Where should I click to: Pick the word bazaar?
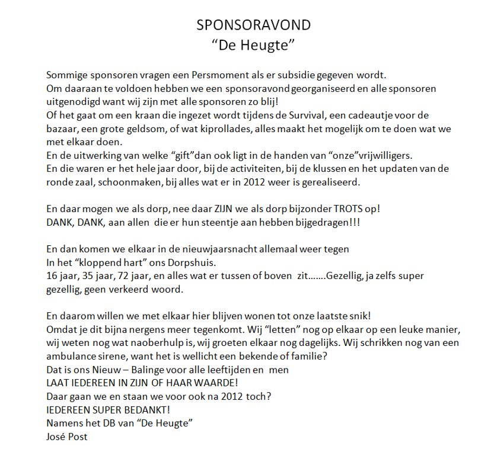60,129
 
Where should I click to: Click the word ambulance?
70,356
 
